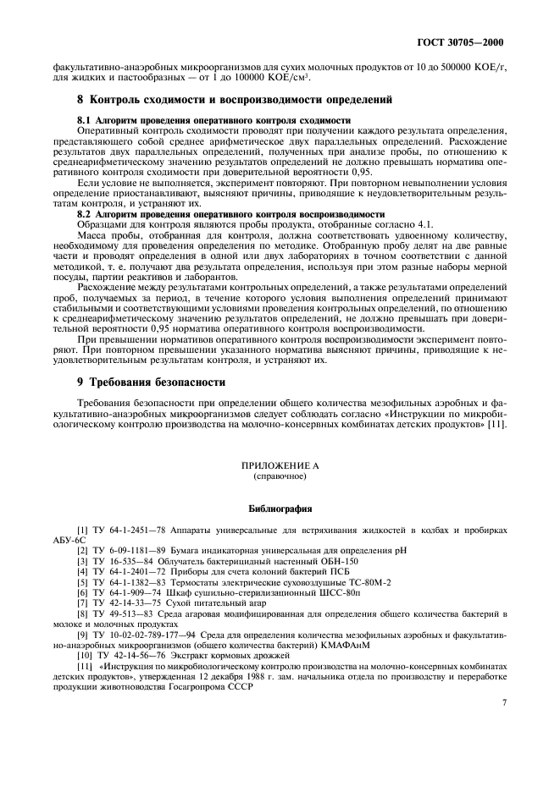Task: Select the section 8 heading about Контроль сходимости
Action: click(235, 101)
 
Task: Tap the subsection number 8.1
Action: click(84, 121)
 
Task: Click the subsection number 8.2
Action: click(84, 215)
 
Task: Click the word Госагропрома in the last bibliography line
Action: click(187, 685)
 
